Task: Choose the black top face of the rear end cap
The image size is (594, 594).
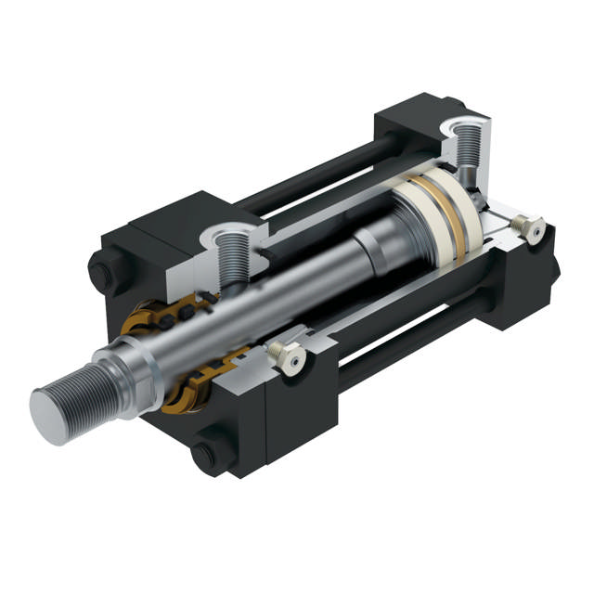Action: (x=418, y=111)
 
